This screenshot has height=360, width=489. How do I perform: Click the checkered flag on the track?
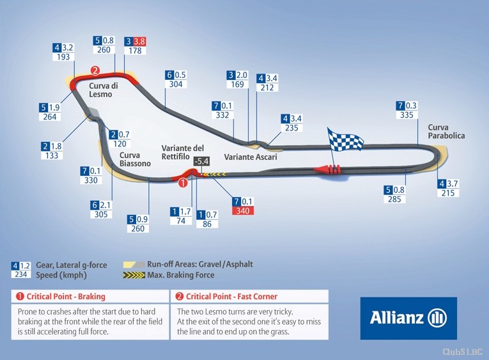tap(345, 140)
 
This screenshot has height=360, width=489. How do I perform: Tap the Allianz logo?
tap(408, 318)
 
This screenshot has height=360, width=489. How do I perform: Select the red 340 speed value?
tap(243, 211)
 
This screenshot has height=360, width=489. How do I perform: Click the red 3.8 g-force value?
tap(139, 41)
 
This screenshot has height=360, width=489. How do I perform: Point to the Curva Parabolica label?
tap(446, 131)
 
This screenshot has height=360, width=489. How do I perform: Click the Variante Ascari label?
tap(251, 157)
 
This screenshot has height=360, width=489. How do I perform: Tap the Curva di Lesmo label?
tap(104, 90)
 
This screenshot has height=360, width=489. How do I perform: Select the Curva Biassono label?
tap(135, 159)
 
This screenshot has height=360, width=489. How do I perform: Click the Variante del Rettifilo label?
tap(183, 152)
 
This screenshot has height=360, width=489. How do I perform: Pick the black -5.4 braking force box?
tap(201, 161)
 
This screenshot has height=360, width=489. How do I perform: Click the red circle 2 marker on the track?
tap(95, 70)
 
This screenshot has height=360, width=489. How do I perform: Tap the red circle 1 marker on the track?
tap(183, 182)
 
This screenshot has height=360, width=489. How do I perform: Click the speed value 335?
tap(407, 115)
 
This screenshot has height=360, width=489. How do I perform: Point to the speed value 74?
tap(181, 221)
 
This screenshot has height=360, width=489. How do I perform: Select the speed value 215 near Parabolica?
tap(448, 193)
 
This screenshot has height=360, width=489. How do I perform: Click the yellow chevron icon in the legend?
tap(134, 275)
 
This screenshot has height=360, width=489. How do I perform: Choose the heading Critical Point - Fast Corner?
tap(231, 296)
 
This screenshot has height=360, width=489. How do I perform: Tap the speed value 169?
tap(237, 84)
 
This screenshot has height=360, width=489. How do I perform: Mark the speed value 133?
tap(52, 155)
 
